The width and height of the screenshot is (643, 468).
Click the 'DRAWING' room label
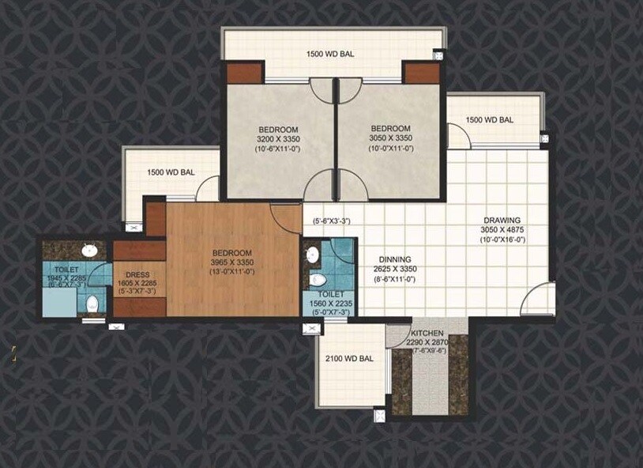tap(502, 220)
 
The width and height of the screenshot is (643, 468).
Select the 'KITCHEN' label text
tap(426, 333)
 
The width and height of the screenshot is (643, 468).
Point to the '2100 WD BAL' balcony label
tap(349, 358)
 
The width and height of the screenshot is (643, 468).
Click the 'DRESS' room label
tap(138, 274)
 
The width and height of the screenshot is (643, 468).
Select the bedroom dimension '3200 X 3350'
tap(278, 138)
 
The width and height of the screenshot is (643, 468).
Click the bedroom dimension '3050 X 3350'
tap(390, 138)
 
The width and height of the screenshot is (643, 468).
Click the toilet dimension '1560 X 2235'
tap(330, 304)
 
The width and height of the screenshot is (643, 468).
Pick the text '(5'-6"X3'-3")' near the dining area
tap(331, 221)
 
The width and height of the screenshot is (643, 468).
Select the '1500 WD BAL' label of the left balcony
tap(171, 172)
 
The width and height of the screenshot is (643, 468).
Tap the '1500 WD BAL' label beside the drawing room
tap(490, 119)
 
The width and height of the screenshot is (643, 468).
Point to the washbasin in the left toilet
tap(89, 251)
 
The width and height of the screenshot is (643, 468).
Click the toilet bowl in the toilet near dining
tap(318, 279)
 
